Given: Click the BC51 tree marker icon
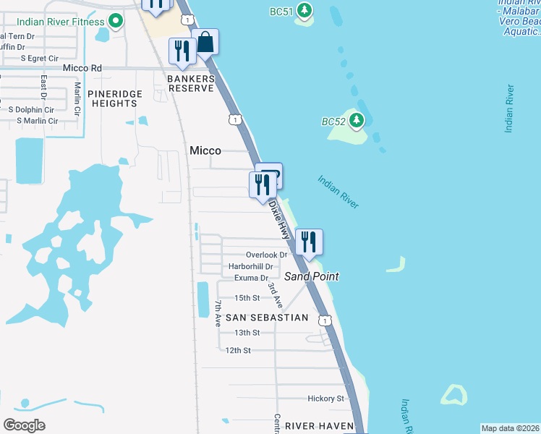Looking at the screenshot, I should tap(305, 10).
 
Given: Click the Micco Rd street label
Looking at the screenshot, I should tap(82, 68).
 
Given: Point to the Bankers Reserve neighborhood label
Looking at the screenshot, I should tap(192, 83).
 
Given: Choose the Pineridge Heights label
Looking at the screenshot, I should tap(112, 98).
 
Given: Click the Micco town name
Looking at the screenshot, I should tap(205, 150).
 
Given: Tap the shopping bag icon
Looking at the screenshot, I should tap(205, 43).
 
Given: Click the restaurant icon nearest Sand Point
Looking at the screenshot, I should tap(309, 242).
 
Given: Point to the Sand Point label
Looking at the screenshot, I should tap(312, 276).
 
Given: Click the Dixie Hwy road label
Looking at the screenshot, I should tap(279, 220).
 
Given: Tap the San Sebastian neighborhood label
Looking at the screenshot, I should tap(267, 318).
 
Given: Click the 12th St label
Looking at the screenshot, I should tap(237, 350).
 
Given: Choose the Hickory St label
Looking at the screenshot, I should tap(325, 398).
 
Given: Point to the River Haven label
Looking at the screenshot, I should tap(319, 426).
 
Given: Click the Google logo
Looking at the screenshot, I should tap(24, 425).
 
